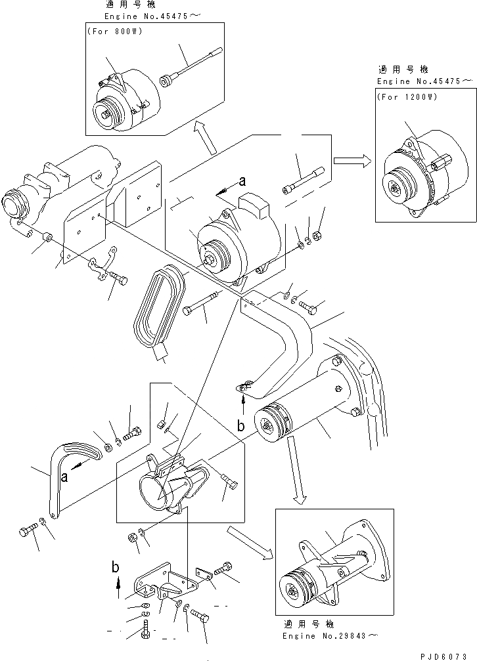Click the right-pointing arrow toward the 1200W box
pyautogui.click(x=352, y=160)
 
